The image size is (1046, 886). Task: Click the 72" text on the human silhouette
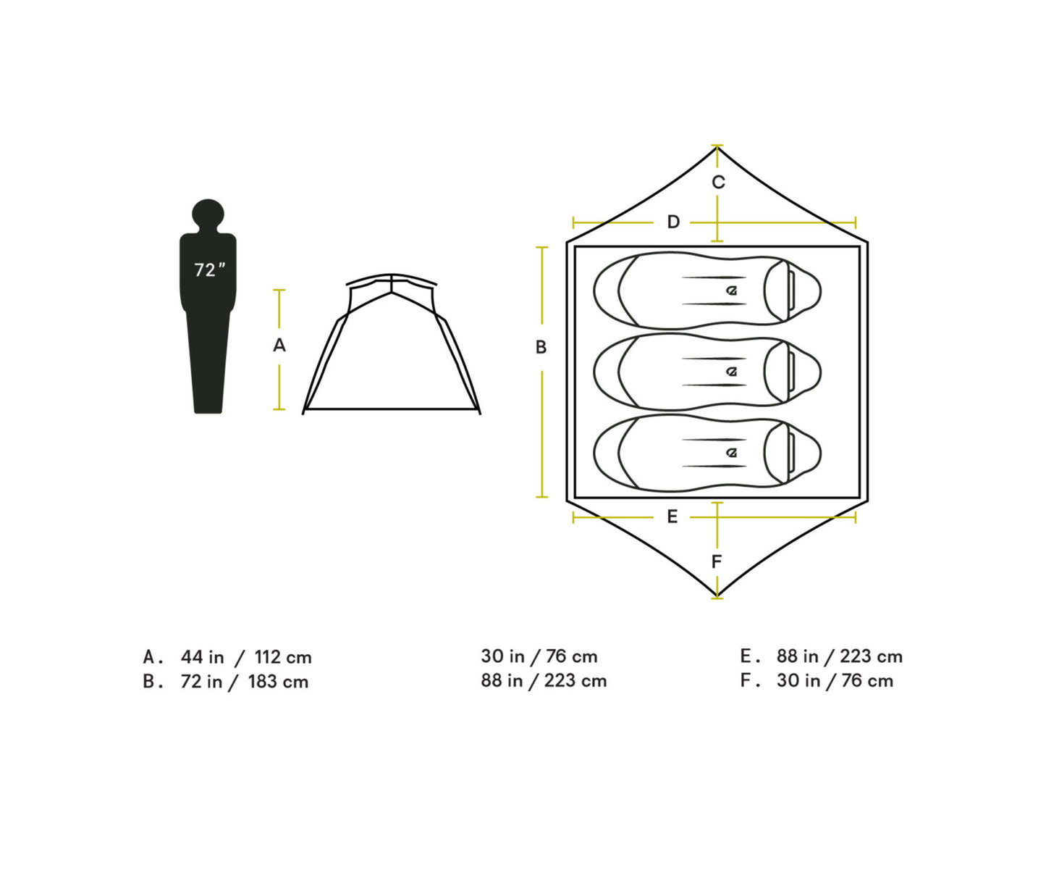click(x=209, y=270)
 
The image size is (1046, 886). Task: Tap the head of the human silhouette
click(x=208, y=214)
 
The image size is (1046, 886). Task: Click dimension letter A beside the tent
click(x=279, y=346)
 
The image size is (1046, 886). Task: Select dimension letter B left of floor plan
click(x=541, y=348)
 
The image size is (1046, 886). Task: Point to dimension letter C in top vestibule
click(x=717, y=183)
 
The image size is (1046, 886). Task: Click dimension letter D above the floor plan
click(x=673, y=222)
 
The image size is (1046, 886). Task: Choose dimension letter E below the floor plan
click(x=672, y=517)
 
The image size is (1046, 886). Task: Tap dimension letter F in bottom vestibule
click(x=717, y=561)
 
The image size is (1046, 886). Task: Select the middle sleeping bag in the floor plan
click(x=707, y=372)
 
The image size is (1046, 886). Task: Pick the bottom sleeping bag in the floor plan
click(x=707, y=453)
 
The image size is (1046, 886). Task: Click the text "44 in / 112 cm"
click(x=246, y=657)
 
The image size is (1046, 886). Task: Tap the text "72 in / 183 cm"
click(x=245, y=682)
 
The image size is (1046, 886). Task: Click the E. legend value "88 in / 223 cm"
click(x=839, y=656)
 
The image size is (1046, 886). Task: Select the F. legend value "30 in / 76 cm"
click(x=835, y=681)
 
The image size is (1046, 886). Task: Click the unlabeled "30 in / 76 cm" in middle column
click(x=539, y=656)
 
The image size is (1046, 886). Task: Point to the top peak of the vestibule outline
click(x=717, y=148)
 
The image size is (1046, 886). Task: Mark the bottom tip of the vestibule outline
click(x=717, y=596)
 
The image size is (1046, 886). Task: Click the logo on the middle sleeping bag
click(x=732, y=372)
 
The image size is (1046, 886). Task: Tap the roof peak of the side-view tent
click(x=392, y=276)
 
